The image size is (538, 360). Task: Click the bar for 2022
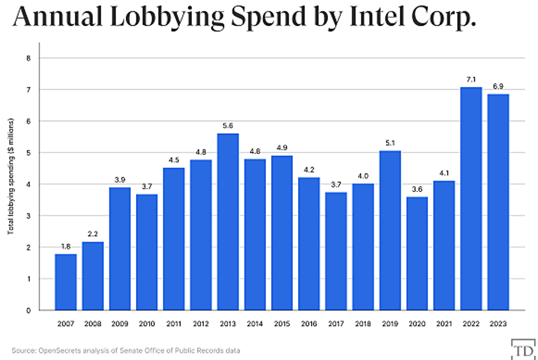471,199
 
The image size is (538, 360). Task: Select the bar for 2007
66,282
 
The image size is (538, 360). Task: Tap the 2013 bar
228,222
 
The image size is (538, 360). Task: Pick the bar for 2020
417,253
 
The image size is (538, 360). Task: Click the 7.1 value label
471,79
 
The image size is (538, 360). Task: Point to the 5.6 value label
228,126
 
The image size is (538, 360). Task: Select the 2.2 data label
93,234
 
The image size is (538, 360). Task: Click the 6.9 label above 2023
498,86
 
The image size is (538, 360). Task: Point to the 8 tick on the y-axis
29,58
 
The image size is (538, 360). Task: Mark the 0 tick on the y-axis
29,311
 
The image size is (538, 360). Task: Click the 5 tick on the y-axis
29,153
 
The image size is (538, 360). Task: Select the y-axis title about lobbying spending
11,176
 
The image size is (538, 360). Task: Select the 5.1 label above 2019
390,143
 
